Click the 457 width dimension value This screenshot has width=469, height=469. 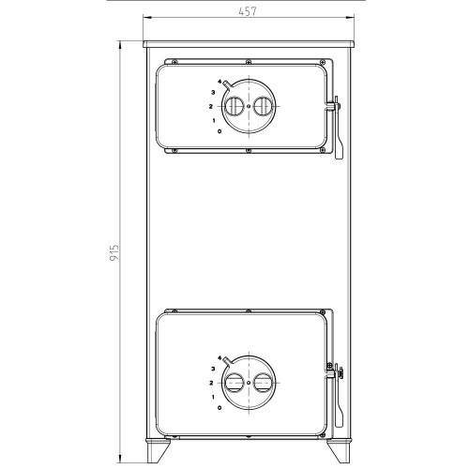[x=248, y=11]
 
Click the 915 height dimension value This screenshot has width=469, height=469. [x=114, y=253]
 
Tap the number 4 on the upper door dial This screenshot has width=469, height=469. [x=219, y=82]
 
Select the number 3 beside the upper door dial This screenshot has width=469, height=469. [x=213, y=93]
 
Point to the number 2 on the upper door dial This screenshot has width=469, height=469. [x=211, y=107]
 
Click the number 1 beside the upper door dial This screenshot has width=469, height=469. [x=214, y=121]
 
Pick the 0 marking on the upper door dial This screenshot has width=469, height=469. [x=219, y=131]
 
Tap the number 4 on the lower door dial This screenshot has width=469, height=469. [x=219, y=358]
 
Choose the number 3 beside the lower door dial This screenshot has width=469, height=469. [x=213, y=369]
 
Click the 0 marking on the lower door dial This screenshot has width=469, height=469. [x=219, y=408]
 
